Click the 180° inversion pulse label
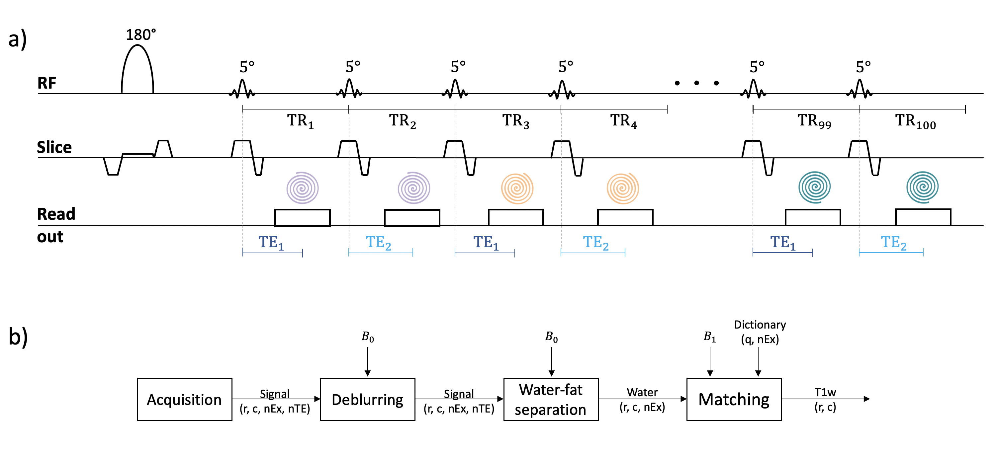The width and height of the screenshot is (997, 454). (x=141, y=35)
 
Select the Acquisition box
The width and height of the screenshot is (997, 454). (x=184, y=399)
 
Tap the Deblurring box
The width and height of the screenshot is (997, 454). (x=367, y=399)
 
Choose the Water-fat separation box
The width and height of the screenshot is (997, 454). (x=550, y=399)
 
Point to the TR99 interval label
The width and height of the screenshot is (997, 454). (x=814, y=121)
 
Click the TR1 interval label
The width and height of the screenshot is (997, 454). (x=300, y=121)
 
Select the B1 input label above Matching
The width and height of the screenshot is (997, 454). (x=709, y=337)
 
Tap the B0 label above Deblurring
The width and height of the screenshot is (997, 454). (x=367, y=337)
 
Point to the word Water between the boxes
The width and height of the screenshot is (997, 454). (x=642, y=393)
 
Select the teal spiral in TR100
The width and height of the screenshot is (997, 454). (x=922, y=187)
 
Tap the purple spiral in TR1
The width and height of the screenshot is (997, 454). (x=302, y=188)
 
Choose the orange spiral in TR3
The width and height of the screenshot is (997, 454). (x=517, y=188)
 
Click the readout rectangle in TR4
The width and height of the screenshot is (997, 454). (x=625, y=217)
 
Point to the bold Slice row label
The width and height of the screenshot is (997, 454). (x=54, y=147)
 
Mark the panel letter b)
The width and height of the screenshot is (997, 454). (x=18, y=337)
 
